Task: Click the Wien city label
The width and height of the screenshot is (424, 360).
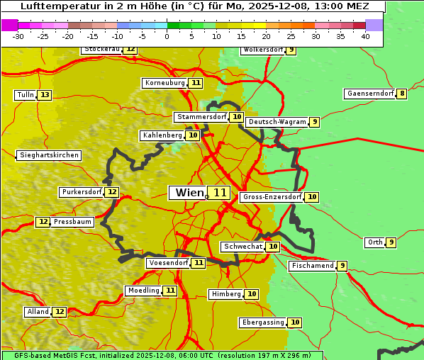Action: (189, 193)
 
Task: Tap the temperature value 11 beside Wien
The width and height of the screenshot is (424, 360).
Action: (220, 193)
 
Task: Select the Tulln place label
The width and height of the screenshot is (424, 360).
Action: (25, 95)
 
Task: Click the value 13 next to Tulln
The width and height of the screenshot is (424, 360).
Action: (45, 95)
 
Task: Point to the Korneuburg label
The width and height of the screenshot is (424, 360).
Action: (164, 83)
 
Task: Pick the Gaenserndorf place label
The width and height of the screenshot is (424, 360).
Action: (369, 94)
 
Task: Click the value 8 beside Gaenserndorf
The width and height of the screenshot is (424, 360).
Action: (402, 94)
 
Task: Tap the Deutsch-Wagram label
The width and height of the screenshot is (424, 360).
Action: (277, 122)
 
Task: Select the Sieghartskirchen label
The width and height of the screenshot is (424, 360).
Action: (48, 155)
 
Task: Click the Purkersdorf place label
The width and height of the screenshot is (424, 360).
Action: (81, 192)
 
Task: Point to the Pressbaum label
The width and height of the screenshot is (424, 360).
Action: (72, 222)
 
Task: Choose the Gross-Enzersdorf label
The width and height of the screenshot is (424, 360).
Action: (272, 197)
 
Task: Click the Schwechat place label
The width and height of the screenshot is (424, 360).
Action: (242, 247)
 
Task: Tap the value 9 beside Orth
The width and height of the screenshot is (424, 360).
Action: (391, 242)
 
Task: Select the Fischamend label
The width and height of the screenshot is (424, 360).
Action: (311, 266)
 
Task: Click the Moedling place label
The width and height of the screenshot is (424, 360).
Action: (143, 291)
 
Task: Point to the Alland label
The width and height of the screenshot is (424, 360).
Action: (38, 312)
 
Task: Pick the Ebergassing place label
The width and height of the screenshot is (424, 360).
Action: (262, 322)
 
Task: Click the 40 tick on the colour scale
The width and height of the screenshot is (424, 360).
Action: (365, 36)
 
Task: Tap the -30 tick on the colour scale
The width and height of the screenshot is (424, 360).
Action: (18, 36)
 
